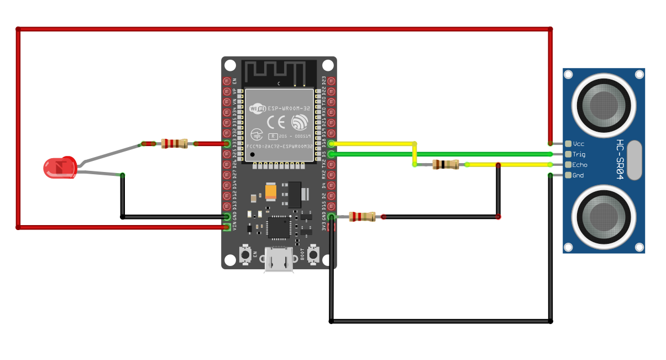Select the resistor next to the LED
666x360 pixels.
tap(174, 144)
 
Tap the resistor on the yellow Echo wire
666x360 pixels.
tap(445, 164)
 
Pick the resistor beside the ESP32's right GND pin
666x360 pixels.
tap(363, 217)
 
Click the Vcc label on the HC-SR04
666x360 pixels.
tap(579, 144)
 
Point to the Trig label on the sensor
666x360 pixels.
tap(579, 154)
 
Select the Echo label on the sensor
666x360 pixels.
tap(580, 165)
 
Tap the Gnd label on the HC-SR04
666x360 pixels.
tap(578, 175)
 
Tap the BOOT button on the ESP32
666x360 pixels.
tap(313, 254)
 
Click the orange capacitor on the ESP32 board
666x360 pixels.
tap(271, 191)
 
